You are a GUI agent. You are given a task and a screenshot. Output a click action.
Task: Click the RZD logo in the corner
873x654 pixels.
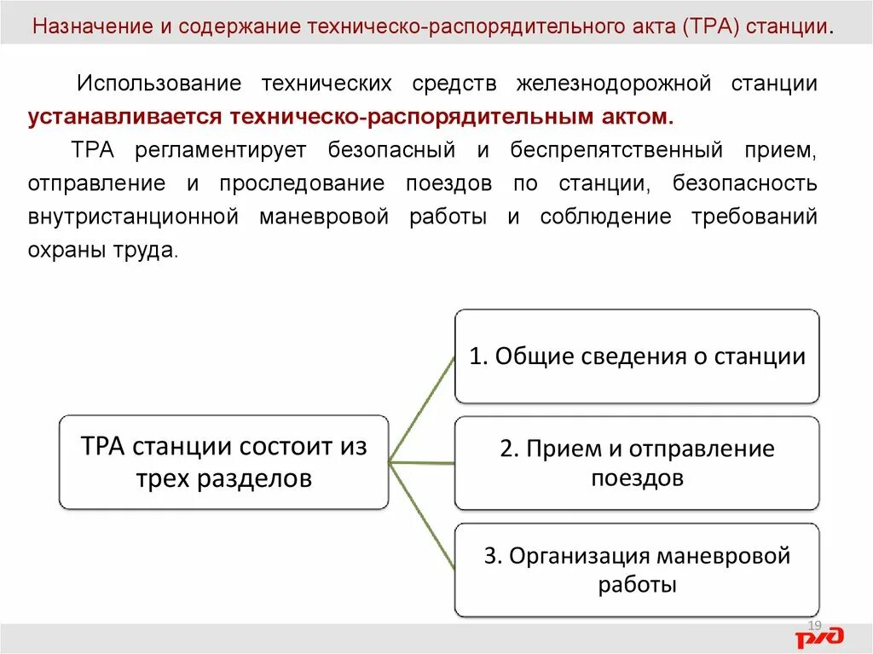click(819, 636)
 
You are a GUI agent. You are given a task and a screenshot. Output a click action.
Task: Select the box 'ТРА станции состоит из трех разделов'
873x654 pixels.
click(223, 462)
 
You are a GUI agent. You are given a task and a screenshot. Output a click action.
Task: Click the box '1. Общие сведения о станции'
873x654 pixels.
click(637, 356)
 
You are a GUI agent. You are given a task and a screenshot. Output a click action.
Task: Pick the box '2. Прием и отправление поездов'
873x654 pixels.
click(637, 463)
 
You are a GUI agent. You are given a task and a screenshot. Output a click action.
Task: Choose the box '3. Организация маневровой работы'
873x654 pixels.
click(637, 570)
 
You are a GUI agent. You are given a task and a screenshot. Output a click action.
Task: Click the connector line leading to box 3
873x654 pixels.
click(422, 515)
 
